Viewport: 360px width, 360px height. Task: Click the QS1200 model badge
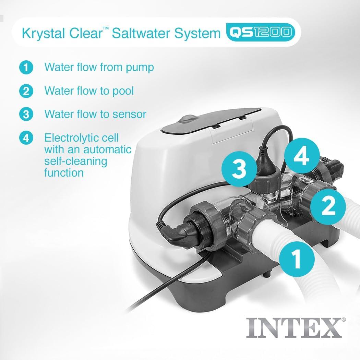[260, 33]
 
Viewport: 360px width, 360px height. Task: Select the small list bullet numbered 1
[26, 68]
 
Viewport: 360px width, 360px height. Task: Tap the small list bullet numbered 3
[26, 114]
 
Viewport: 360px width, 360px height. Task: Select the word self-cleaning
[76, 161]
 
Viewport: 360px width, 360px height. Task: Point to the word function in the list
[64, 172]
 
